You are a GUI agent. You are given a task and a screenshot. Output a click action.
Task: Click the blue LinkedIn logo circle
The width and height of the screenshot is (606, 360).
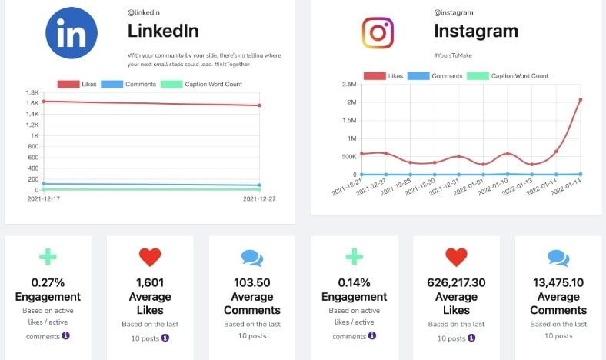[72, 32]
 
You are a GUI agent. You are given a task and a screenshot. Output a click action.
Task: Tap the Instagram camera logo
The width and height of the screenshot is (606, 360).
[378, 32]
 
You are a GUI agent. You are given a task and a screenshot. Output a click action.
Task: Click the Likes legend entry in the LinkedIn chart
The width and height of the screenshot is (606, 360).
[77, 84]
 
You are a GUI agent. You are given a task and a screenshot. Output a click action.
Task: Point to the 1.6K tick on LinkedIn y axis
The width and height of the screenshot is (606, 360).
[32, 103]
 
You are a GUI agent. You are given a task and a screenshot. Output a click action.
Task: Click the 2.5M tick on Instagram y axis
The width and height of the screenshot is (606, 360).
[347, 85]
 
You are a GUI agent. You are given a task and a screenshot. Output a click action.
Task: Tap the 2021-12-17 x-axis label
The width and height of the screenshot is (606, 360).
[44, 198]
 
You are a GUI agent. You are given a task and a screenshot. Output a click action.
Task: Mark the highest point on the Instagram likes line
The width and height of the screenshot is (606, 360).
[580, 99]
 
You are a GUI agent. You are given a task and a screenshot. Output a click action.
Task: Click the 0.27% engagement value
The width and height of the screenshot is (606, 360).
[48, 282]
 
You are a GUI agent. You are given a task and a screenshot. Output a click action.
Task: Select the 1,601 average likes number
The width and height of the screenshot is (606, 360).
[149, 282]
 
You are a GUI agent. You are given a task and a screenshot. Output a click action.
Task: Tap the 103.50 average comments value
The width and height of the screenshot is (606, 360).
[251, 282]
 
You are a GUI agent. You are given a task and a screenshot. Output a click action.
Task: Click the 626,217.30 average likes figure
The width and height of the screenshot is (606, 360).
[456, 282]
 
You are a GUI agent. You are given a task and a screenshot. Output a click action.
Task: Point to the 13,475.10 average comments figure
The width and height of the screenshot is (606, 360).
[558, 282]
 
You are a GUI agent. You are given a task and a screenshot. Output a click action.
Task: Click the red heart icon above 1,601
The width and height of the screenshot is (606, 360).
[149, 257]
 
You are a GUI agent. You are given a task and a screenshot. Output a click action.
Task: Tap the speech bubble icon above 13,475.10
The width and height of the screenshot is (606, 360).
[558, 257]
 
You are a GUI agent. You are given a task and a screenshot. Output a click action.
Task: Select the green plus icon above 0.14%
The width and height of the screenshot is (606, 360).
[354, 257]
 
